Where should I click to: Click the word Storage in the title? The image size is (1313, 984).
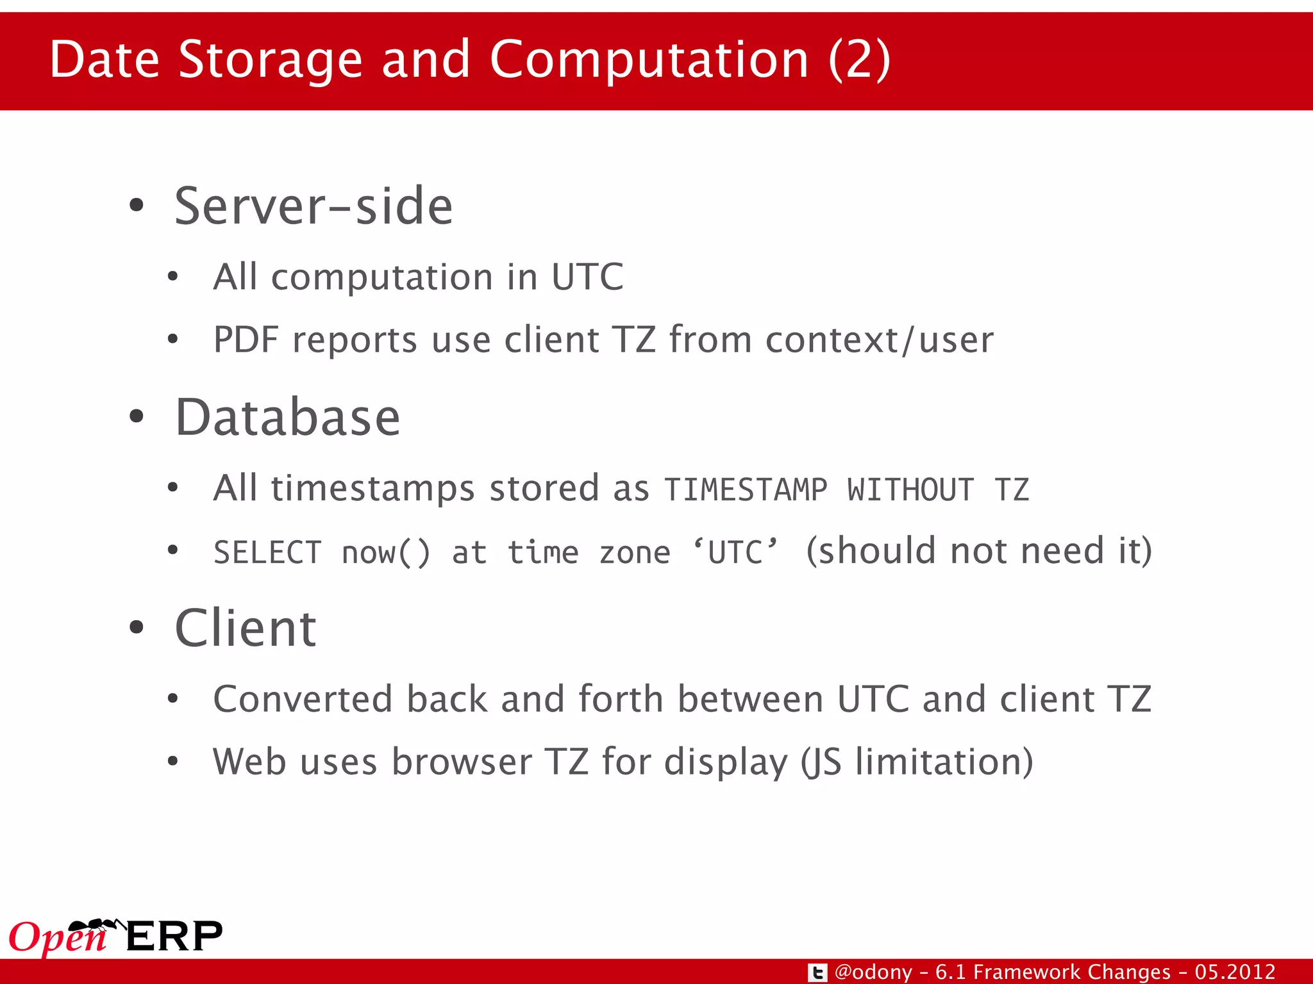[271, 60]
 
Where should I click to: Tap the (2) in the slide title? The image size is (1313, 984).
[859, 60]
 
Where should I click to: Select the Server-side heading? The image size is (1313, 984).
[314, 206]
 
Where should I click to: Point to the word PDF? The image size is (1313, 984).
[246, 340]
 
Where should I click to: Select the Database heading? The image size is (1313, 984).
[288, 418]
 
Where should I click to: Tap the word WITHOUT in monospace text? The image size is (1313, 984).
[910, 491]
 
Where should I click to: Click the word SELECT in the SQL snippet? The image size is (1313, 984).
[267, 553]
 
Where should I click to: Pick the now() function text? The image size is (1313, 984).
[385, 553]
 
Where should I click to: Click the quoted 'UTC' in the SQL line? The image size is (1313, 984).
[735, 552]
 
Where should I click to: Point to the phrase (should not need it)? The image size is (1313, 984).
[978, 551]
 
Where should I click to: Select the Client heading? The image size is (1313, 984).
[246, 628]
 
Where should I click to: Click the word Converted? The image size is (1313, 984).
[303, 699]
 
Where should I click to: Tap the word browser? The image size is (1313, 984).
[462, 762]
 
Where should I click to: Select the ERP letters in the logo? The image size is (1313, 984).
[174, 937]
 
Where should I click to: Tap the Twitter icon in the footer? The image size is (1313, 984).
[817, 972]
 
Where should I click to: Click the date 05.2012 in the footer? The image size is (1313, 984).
[1235, 972]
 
